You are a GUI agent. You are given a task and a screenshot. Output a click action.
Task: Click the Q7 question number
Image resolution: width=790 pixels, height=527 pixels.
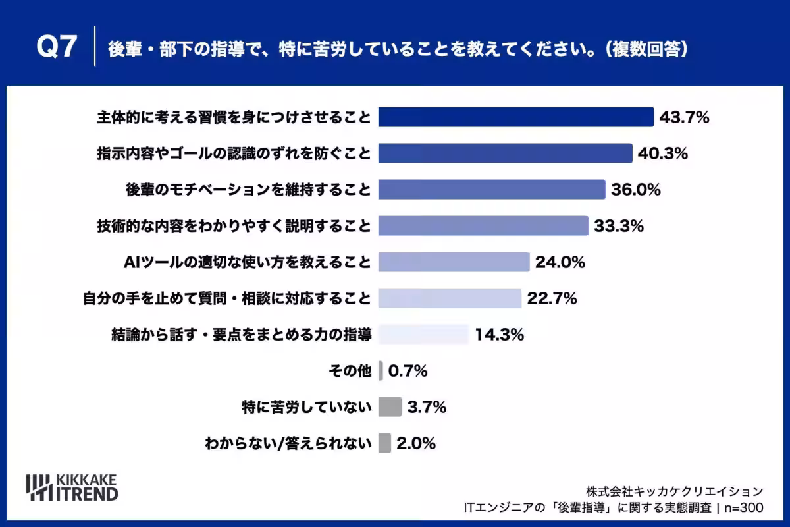coord(57,46)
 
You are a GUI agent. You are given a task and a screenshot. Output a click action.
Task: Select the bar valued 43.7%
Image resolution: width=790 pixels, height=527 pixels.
coord(516,117)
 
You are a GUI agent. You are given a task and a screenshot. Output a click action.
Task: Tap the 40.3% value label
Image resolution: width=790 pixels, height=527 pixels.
coord(663,153)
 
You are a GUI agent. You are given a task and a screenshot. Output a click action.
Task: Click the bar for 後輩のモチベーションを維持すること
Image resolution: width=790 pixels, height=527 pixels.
coord(492,190)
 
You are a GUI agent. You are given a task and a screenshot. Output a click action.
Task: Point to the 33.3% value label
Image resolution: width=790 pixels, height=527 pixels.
coord(619,226)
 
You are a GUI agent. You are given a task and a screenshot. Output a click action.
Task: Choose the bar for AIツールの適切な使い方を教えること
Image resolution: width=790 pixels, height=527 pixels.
coord(454,262)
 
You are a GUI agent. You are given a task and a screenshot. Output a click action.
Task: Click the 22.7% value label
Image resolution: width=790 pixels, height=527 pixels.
coord(552,298)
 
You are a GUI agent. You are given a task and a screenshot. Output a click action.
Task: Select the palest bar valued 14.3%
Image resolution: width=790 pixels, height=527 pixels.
coord(423,334)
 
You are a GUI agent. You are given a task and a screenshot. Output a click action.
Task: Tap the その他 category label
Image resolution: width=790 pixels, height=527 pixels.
coord(350,371)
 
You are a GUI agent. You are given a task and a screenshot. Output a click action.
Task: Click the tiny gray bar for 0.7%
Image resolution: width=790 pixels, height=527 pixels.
coord(381,371)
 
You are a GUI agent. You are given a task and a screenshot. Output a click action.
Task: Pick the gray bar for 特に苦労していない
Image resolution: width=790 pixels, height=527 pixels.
coord(390,407)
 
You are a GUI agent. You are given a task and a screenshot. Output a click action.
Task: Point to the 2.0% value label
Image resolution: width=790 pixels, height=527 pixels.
coord(416,443)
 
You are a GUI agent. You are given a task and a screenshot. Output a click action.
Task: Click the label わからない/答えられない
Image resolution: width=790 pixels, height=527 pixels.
coord(288,443)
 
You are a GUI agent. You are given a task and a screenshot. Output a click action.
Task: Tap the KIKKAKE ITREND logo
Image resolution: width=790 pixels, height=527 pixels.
coord(72,487)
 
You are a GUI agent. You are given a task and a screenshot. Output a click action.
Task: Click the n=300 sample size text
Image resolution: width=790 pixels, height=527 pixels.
coord(744,508)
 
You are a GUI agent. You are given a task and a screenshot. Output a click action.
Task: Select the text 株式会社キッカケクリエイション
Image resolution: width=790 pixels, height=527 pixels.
coord(674,491)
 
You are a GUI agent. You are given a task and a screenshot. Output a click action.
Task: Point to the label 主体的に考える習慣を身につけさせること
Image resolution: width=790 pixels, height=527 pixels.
coord(234,117)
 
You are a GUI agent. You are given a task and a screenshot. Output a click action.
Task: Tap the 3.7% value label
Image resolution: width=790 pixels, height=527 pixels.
coord(427,407)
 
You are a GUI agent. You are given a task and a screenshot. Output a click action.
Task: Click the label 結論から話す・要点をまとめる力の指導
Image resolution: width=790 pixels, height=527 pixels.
coord(242,335)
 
